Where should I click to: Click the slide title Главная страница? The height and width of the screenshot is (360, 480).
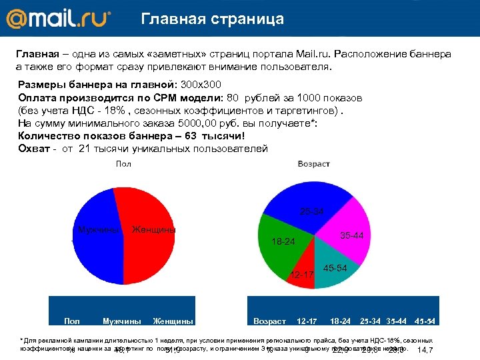(212, 19)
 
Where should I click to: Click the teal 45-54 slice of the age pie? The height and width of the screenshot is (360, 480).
(333, 270)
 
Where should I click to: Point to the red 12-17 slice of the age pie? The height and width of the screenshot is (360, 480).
(301, 276)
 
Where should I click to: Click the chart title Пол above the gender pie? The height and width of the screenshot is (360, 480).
(123, 163)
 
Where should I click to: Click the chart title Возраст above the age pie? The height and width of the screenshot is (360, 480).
(313, 163)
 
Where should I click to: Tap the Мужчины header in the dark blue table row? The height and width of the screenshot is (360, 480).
(121, 321)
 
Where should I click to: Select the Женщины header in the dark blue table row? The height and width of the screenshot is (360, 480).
(173, 321)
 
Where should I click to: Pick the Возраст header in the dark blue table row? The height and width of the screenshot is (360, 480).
(269, 321)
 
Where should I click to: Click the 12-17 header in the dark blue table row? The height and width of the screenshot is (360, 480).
(307, 321)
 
